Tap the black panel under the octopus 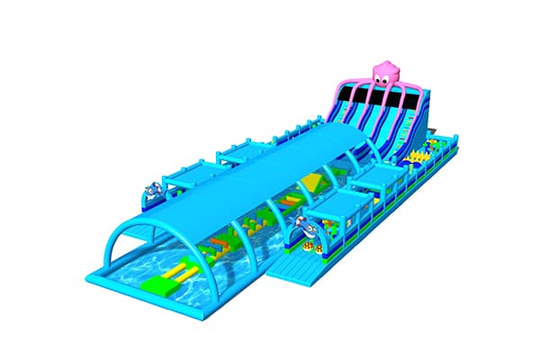378,97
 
